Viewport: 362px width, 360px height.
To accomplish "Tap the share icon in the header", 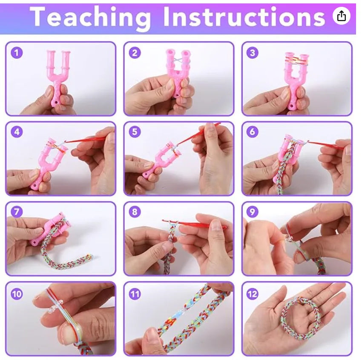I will [x=341, y=16].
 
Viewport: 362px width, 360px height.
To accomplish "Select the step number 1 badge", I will [x=17, y=53].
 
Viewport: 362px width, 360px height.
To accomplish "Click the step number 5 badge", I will [x=135, y=132].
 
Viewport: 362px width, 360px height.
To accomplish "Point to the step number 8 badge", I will [x=135, y=211].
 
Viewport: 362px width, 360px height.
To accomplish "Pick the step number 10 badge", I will [x=17, y=293].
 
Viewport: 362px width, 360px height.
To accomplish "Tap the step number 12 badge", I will [x=253, y=293].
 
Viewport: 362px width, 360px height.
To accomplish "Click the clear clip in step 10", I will [x=55, y=309].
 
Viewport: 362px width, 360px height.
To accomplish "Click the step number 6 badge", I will [x=253, y=132].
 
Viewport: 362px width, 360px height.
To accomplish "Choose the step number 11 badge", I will [x=135, y=293].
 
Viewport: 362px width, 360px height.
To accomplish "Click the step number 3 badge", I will [x=253, y=53].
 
